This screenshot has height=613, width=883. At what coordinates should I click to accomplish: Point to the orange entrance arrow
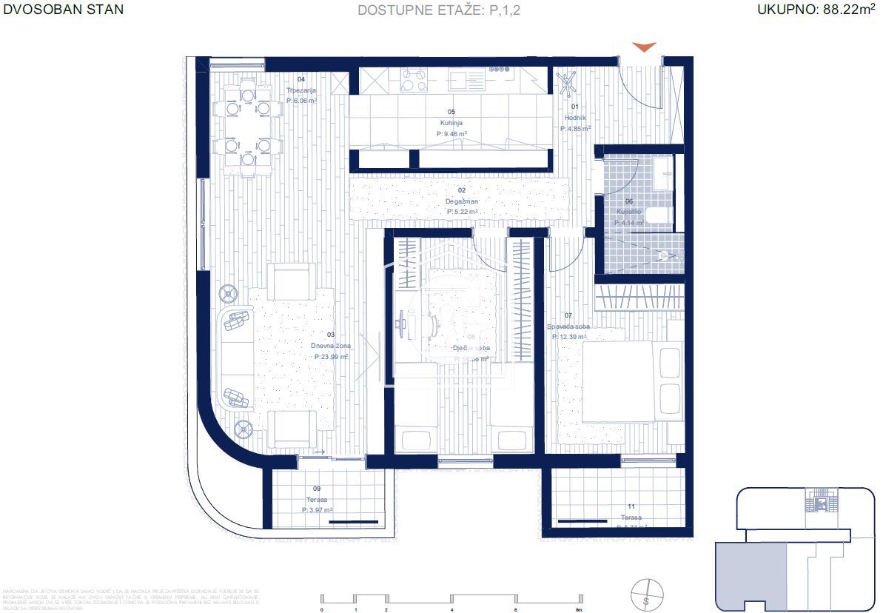(x=645, y=47)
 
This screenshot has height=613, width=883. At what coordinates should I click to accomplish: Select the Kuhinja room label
(x=451, y=124)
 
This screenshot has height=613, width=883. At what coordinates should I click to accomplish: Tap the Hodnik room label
(x=575, y=118)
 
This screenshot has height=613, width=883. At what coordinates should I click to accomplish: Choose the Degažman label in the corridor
(x=462, y=201)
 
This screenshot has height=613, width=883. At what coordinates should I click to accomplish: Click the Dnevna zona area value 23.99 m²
(x=331, y=356)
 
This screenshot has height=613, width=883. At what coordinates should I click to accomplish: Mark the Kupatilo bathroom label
(x=629, y=212)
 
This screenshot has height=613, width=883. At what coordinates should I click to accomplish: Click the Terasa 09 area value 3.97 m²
(x=316, y=510)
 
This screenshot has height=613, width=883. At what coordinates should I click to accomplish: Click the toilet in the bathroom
(x=658, y=216)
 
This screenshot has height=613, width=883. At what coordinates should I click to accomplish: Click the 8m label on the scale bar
(x=579, y=610)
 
